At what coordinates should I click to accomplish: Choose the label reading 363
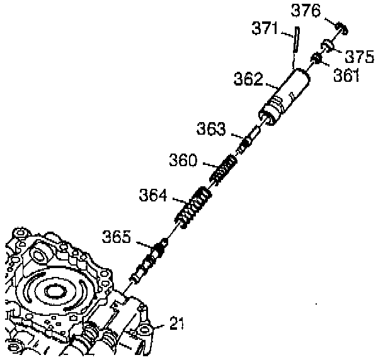(211, 130)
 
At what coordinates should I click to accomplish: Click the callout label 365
(118, 237)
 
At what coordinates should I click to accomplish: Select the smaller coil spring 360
(224, 170)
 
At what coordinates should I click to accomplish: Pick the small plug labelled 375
(328, 46)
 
